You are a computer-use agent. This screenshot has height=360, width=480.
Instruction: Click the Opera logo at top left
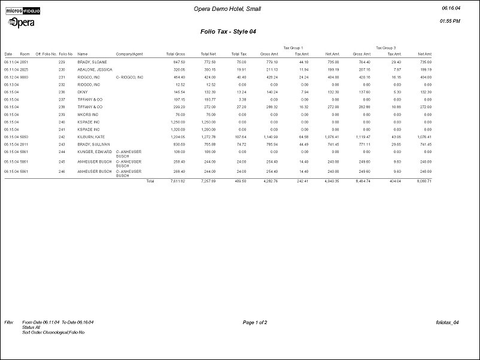[21, 22]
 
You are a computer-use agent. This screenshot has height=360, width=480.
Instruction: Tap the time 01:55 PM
[449, 21]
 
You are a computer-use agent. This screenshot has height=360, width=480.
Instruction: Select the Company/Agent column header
[129, 54]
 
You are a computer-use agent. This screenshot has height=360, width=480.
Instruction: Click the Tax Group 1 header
[293, 47]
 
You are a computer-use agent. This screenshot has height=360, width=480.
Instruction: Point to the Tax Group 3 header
[386, 47]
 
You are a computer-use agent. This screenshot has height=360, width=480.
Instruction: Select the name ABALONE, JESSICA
[93, 69]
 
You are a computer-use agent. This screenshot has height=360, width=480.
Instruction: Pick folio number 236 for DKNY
[61, 92]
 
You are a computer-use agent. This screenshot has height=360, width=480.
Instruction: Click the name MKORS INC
[88, 114]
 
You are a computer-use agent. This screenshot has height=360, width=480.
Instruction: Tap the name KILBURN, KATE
[91, 137]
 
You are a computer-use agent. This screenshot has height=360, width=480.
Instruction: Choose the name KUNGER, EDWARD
[94, 152]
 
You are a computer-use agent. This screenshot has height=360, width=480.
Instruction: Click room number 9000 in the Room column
[25, 77]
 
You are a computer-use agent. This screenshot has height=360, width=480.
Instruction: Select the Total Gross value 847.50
[179, 62]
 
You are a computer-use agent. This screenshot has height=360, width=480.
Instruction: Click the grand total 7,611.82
[177, 180]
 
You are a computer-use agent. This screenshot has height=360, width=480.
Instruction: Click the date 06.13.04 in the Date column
[11, 84]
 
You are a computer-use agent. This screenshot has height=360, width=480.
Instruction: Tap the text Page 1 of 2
[255, 322]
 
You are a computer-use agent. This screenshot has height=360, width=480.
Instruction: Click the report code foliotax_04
[448, 322]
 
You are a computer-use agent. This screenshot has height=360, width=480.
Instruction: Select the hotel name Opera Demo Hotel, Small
[227, 9]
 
